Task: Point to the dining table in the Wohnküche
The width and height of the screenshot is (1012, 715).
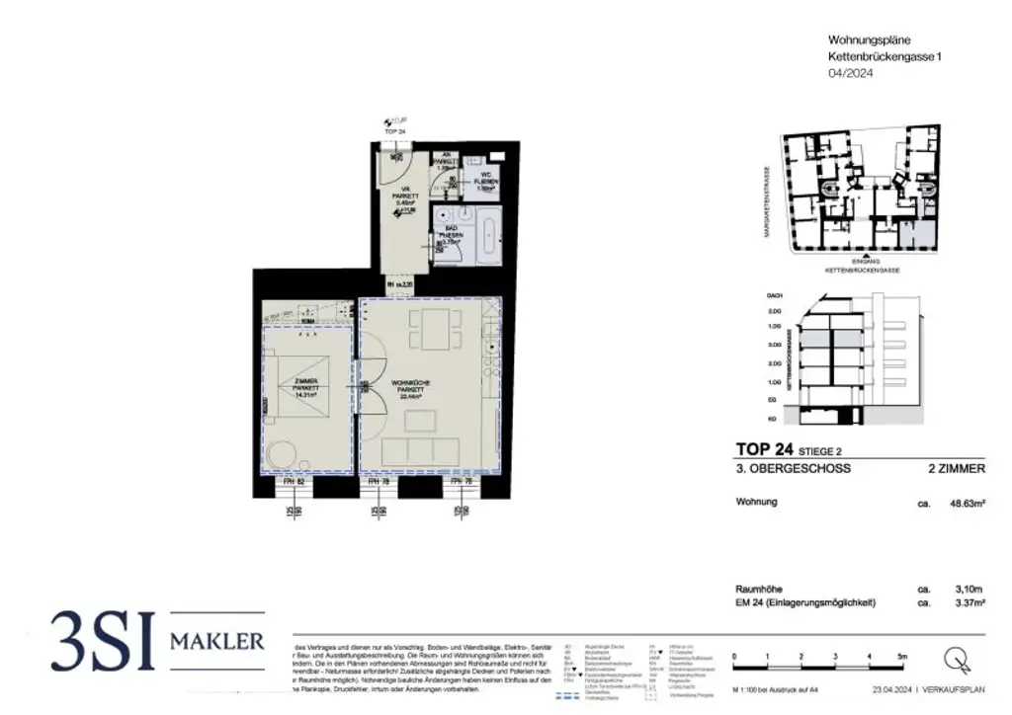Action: tap(434, 329)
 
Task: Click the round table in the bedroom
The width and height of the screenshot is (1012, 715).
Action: tap(280, 452)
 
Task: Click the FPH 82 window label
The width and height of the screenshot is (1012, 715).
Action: tap(293, 484)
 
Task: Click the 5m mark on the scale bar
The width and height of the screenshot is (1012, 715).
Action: tap(901, 656)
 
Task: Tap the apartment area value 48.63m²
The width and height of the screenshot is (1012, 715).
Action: tap(967, 503)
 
